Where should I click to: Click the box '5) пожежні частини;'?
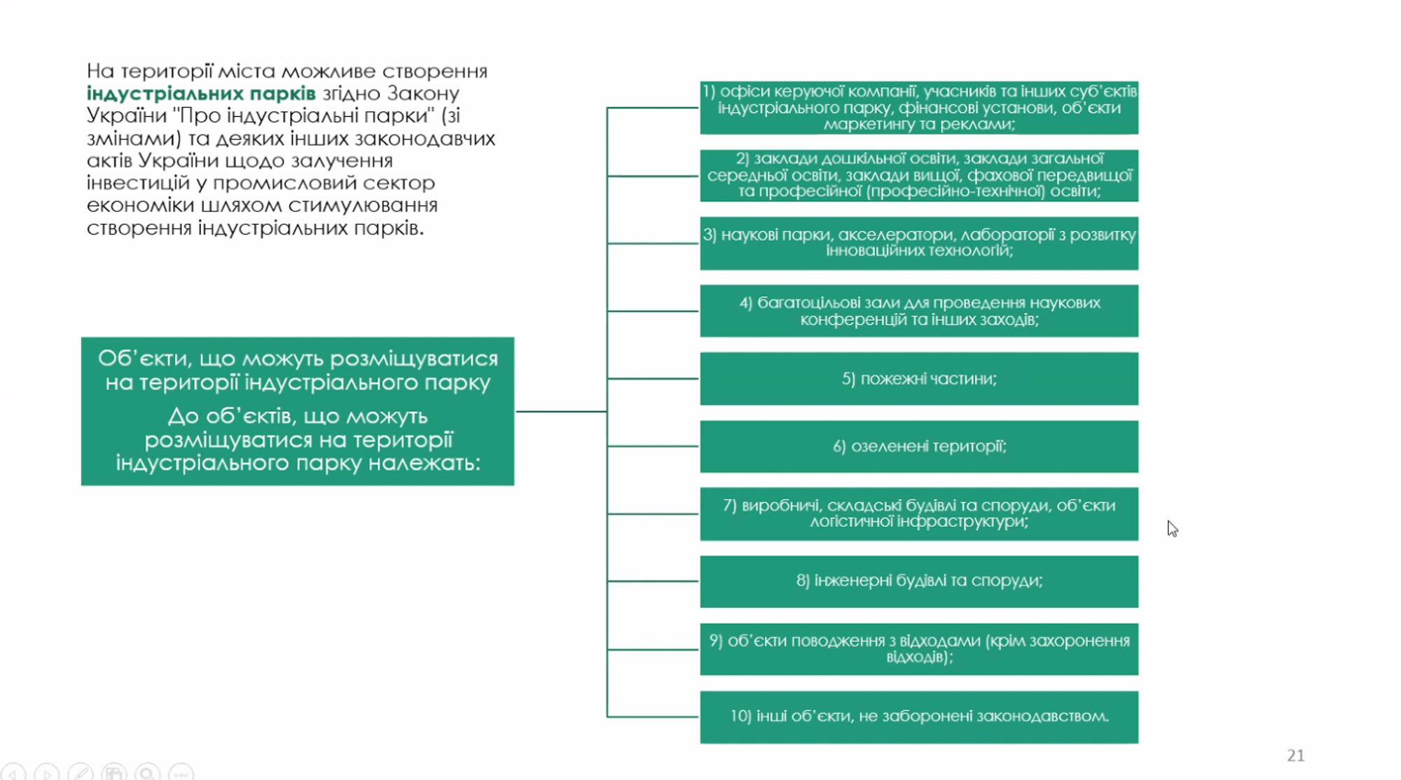(x=918, y=379)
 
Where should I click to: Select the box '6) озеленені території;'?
(x=918, y=447)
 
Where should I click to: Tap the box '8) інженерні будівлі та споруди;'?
(x=918, y=581)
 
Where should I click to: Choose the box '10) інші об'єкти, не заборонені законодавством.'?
(x=918, y=717)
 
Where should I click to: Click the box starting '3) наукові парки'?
(x=918, y=243)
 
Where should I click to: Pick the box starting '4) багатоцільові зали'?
(x=918, y=311)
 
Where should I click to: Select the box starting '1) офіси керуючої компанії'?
(x=918, y=108)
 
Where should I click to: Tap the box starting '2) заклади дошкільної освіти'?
(x=918, y=175)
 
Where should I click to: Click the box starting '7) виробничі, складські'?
(x=918, y=514)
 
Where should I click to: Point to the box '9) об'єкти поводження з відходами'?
(x=918, y=649)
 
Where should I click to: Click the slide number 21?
(x=1295, y=755)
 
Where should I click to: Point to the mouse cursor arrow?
(x=1172, y=529)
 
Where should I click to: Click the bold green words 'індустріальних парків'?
(x=201, y=93)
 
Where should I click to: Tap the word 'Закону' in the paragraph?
(x=423, y=93)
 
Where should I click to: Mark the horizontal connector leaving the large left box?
(x=560, y=412)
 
